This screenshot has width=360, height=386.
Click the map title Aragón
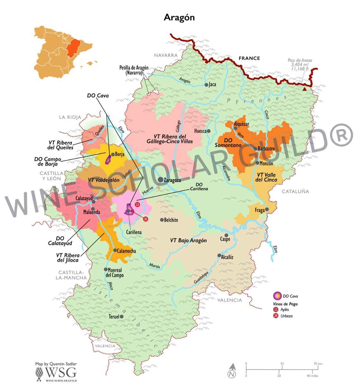tap(179, 17)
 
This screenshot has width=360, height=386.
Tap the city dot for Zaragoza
tap(160, 179)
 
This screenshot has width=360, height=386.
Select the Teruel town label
tap(114, 317)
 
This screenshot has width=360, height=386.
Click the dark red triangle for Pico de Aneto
tap(305, 88)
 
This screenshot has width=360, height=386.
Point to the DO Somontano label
tap(228, 143)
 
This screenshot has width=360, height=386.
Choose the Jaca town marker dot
tap(207, 85)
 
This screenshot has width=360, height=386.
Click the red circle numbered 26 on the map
tap(146, 219)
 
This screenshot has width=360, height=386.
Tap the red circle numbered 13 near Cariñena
tap(137, 205)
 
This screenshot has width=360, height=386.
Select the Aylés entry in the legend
tap(284, 309)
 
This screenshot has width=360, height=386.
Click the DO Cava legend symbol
tap(277, 296)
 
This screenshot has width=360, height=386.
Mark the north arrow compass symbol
tap(232, 371)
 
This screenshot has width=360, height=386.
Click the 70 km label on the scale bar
tap(318, 364)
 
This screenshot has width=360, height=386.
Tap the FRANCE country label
tap(249, 58)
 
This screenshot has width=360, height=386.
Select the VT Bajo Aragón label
tap(188, 240)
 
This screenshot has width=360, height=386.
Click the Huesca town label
tap(200, 131)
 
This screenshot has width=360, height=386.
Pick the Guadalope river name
tap(202, 278)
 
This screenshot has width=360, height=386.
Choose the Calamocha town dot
tap(115, 250)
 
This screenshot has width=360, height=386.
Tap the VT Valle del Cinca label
tap(266, 177)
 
